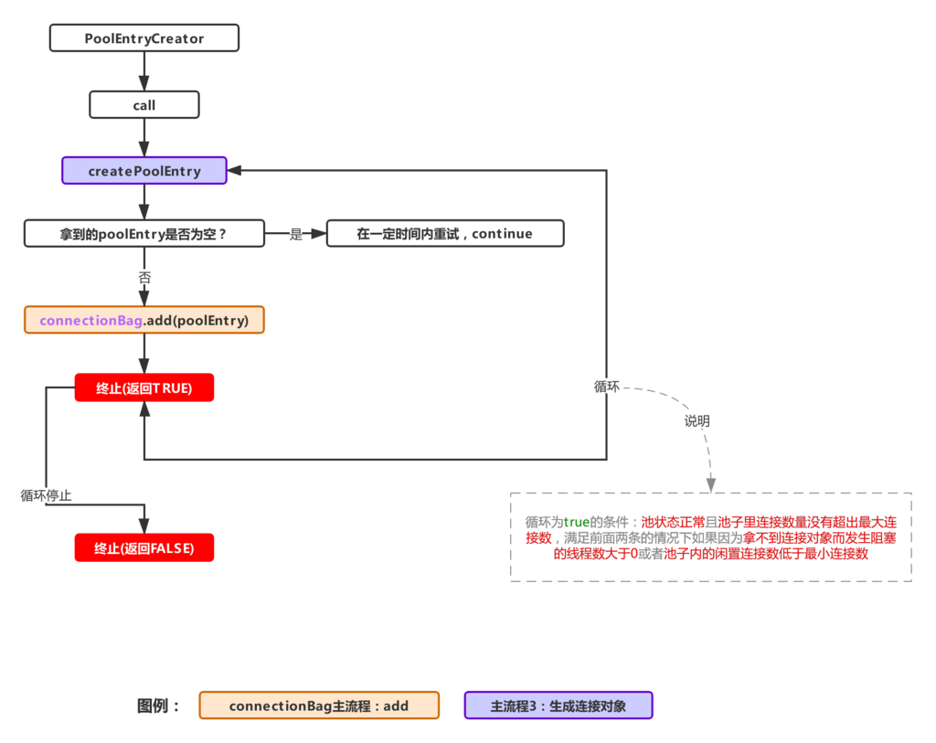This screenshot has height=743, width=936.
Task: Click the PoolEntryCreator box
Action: click(x=144, y=38)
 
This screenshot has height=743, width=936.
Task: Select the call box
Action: click(x=144, y=105)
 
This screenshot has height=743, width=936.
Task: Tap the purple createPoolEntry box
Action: click(x=144, y=171)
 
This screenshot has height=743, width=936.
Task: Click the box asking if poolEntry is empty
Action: click(x=144, y=233)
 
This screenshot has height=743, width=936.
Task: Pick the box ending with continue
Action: click(x=445, y=233)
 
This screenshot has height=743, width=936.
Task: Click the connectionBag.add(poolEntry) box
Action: click(x=144, y=320)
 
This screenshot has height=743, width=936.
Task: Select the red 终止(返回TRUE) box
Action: click(x=144, y=387)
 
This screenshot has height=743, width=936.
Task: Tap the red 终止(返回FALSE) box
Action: click(x=144, y=547)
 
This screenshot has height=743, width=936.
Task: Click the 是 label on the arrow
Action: click(x=295, y=234)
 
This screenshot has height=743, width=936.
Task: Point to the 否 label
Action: click(x=144, y=276)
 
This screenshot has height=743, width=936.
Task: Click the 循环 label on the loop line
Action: click(x=607, y=387)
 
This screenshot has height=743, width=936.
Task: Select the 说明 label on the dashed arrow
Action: click(x=697, y=421)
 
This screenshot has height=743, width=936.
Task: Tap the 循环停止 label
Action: click(x=47, y=495)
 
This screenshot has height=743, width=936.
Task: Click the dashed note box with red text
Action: click(x=710, y=537)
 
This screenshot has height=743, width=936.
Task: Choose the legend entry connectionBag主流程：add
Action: click(x=319, y=706)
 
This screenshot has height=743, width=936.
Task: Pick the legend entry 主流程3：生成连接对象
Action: click(x=558, y=706)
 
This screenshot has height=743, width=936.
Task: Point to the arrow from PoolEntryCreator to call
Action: click(x=144, y=71)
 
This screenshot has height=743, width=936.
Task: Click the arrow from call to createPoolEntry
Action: click(x=144, y=137)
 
